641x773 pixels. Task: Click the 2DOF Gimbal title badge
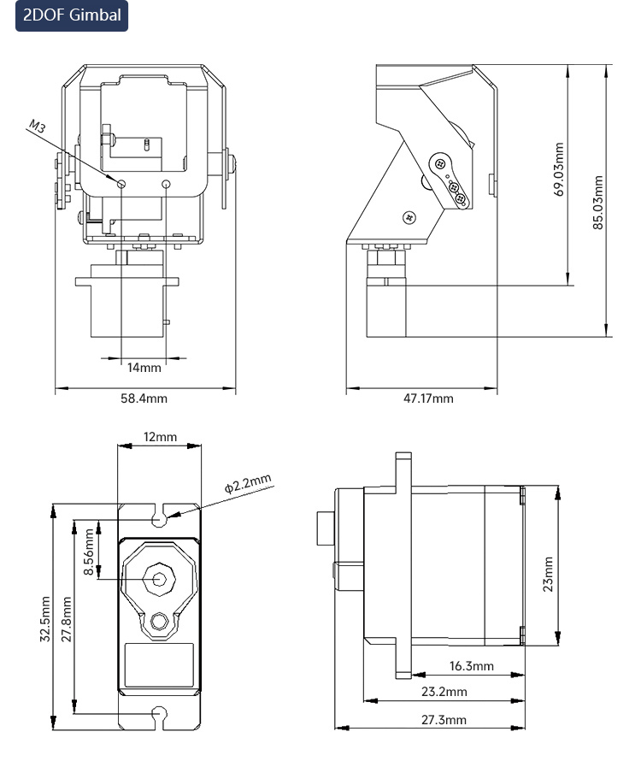[72, 15]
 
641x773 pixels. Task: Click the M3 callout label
[38, 127]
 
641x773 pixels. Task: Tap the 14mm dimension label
[144, 368]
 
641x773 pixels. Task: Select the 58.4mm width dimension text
[144, 398]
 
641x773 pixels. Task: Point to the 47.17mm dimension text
[428, 398]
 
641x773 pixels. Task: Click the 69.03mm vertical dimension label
[559, 169]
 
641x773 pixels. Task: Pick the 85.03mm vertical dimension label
[597, 202]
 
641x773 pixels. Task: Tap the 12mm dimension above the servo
[160, 437]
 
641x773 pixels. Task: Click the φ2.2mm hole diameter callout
[248, 483]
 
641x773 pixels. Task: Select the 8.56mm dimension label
[89, 552]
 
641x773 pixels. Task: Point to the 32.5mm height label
[44, 619]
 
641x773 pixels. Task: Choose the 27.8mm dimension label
[67, 619]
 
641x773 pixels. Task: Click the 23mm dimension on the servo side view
[547, 575]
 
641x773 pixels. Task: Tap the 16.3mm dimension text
[471, 666]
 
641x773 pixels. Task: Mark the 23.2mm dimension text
[444, 692]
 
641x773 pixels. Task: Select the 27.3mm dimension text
[444, 720]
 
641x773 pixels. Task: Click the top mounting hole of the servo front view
[159, 520]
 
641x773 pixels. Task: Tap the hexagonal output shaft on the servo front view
[159, 579]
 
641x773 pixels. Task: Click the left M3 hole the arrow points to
[121, 185]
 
